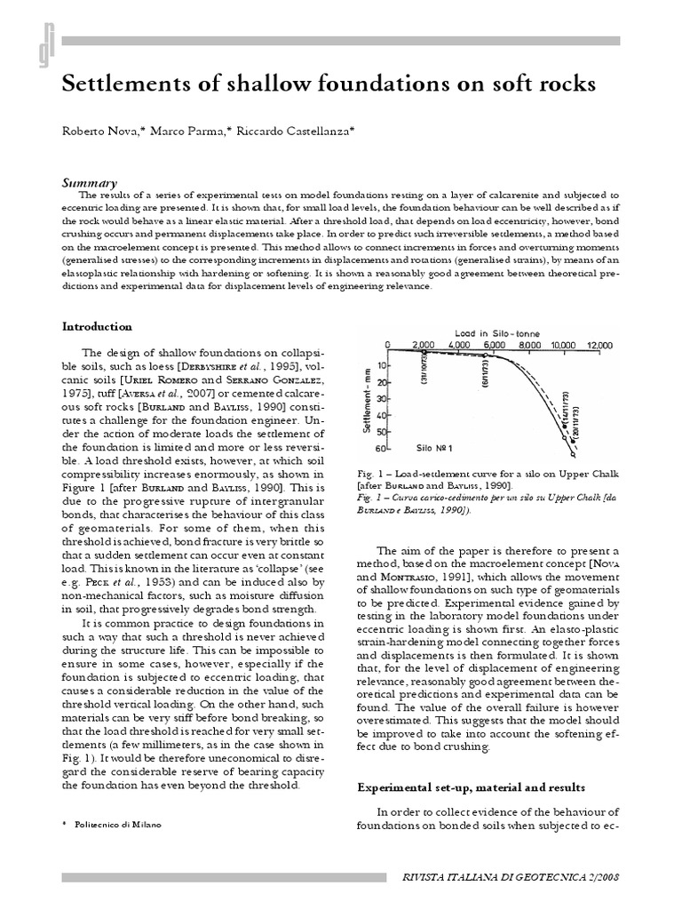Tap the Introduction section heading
pos(97,326)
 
